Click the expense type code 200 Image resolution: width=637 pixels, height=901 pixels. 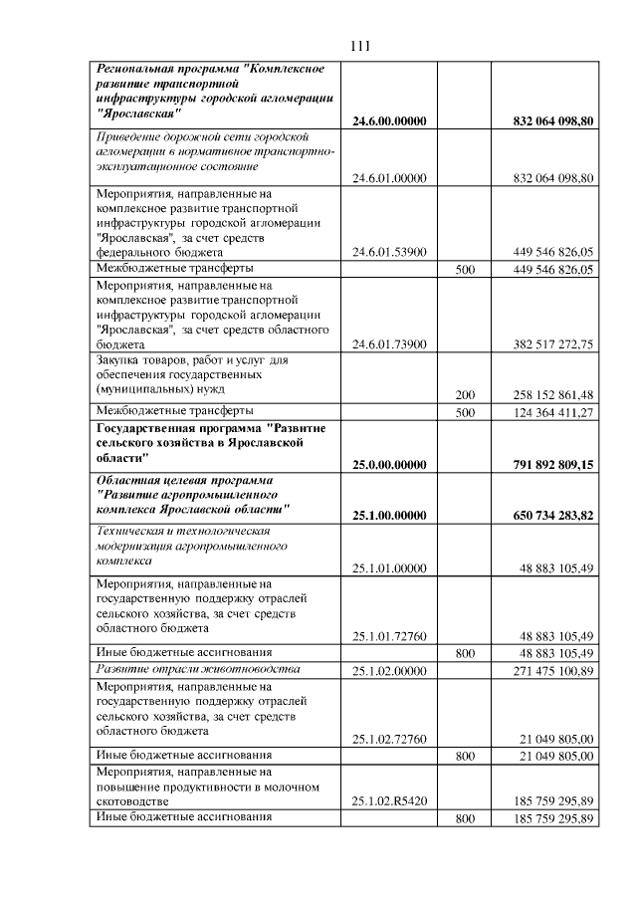[464, 395]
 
